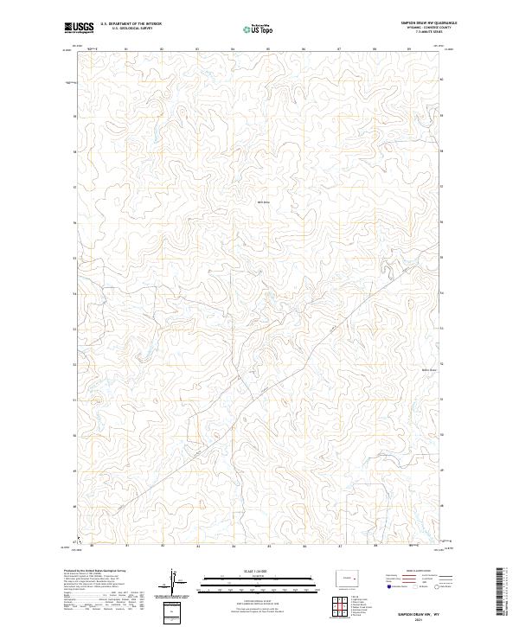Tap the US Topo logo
[260, 29]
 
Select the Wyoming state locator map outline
[350, 576]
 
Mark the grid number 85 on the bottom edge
[270, 547]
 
